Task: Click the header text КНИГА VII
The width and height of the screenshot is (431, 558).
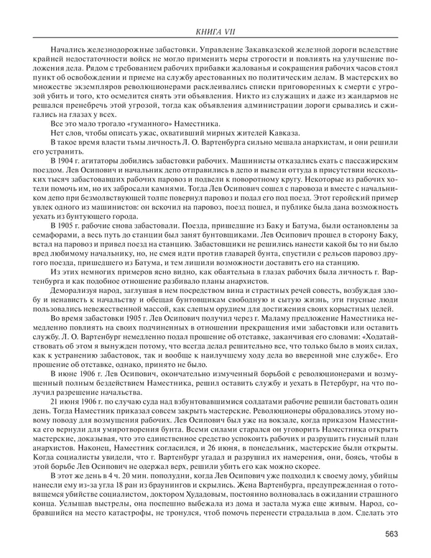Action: (215, 31)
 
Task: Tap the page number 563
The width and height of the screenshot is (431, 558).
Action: (392, 533)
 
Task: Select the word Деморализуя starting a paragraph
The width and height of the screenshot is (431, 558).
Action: (74, 302)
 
